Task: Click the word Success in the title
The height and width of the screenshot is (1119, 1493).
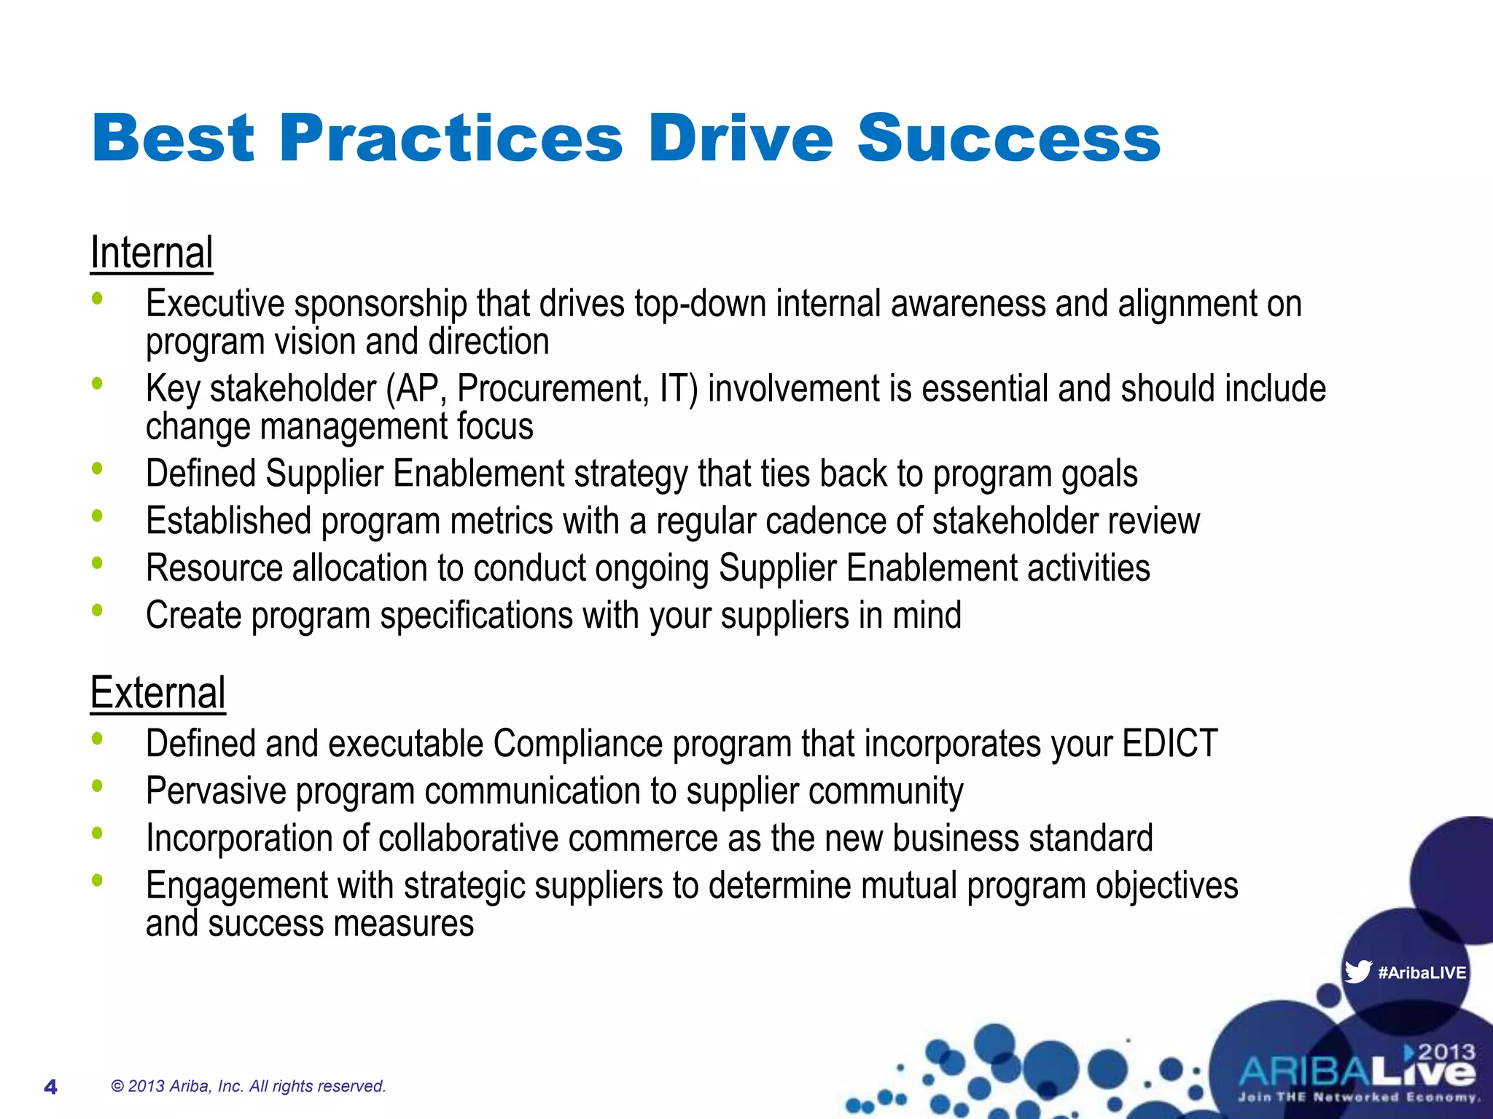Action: (x=1008, y=138)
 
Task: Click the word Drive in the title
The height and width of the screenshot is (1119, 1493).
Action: (x=740, y=138)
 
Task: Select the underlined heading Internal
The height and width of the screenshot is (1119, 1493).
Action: (x=152, y=253)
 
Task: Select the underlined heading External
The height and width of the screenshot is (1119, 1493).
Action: (x=157, y=693)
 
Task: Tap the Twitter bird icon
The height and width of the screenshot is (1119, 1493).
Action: (x=1357, y=972)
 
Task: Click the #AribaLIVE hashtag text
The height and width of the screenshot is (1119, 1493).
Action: (x=1422, y=973)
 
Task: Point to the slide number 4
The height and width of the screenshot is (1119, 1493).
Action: (x=50, y=1087)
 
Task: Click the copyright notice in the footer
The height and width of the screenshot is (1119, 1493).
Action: (x=248, y=1086)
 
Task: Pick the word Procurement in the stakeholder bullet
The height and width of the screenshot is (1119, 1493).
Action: (x=553, y=388)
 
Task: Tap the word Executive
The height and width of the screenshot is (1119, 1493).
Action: (x=215, y=304)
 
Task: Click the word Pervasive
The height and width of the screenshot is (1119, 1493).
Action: (x=216, y=791)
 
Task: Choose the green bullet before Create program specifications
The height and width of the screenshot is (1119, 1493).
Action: (x=97, y=610)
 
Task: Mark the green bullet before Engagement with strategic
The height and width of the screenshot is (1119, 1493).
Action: (x=97, y=881)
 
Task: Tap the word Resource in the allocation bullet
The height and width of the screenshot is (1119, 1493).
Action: (x=214, y=568)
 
